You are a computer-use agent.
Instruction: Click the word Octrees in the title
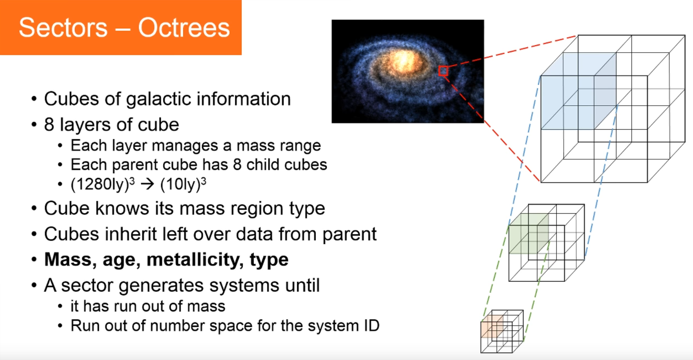tap(184, 28)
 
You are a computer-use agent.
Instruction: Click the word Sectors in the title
tap(63, 28)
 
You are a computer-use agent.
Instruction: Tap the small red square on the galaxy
tap(443, 71)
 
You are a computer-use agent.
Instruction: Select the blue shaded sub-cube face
tap(567, 102)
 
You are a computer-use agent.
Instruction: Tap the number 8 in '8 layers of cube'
tap(49, 125)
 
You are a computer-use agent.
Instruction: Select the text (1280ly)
tap(100, 184)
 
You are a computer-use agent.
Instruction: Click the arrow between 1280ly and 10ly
tap(147, 184)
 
